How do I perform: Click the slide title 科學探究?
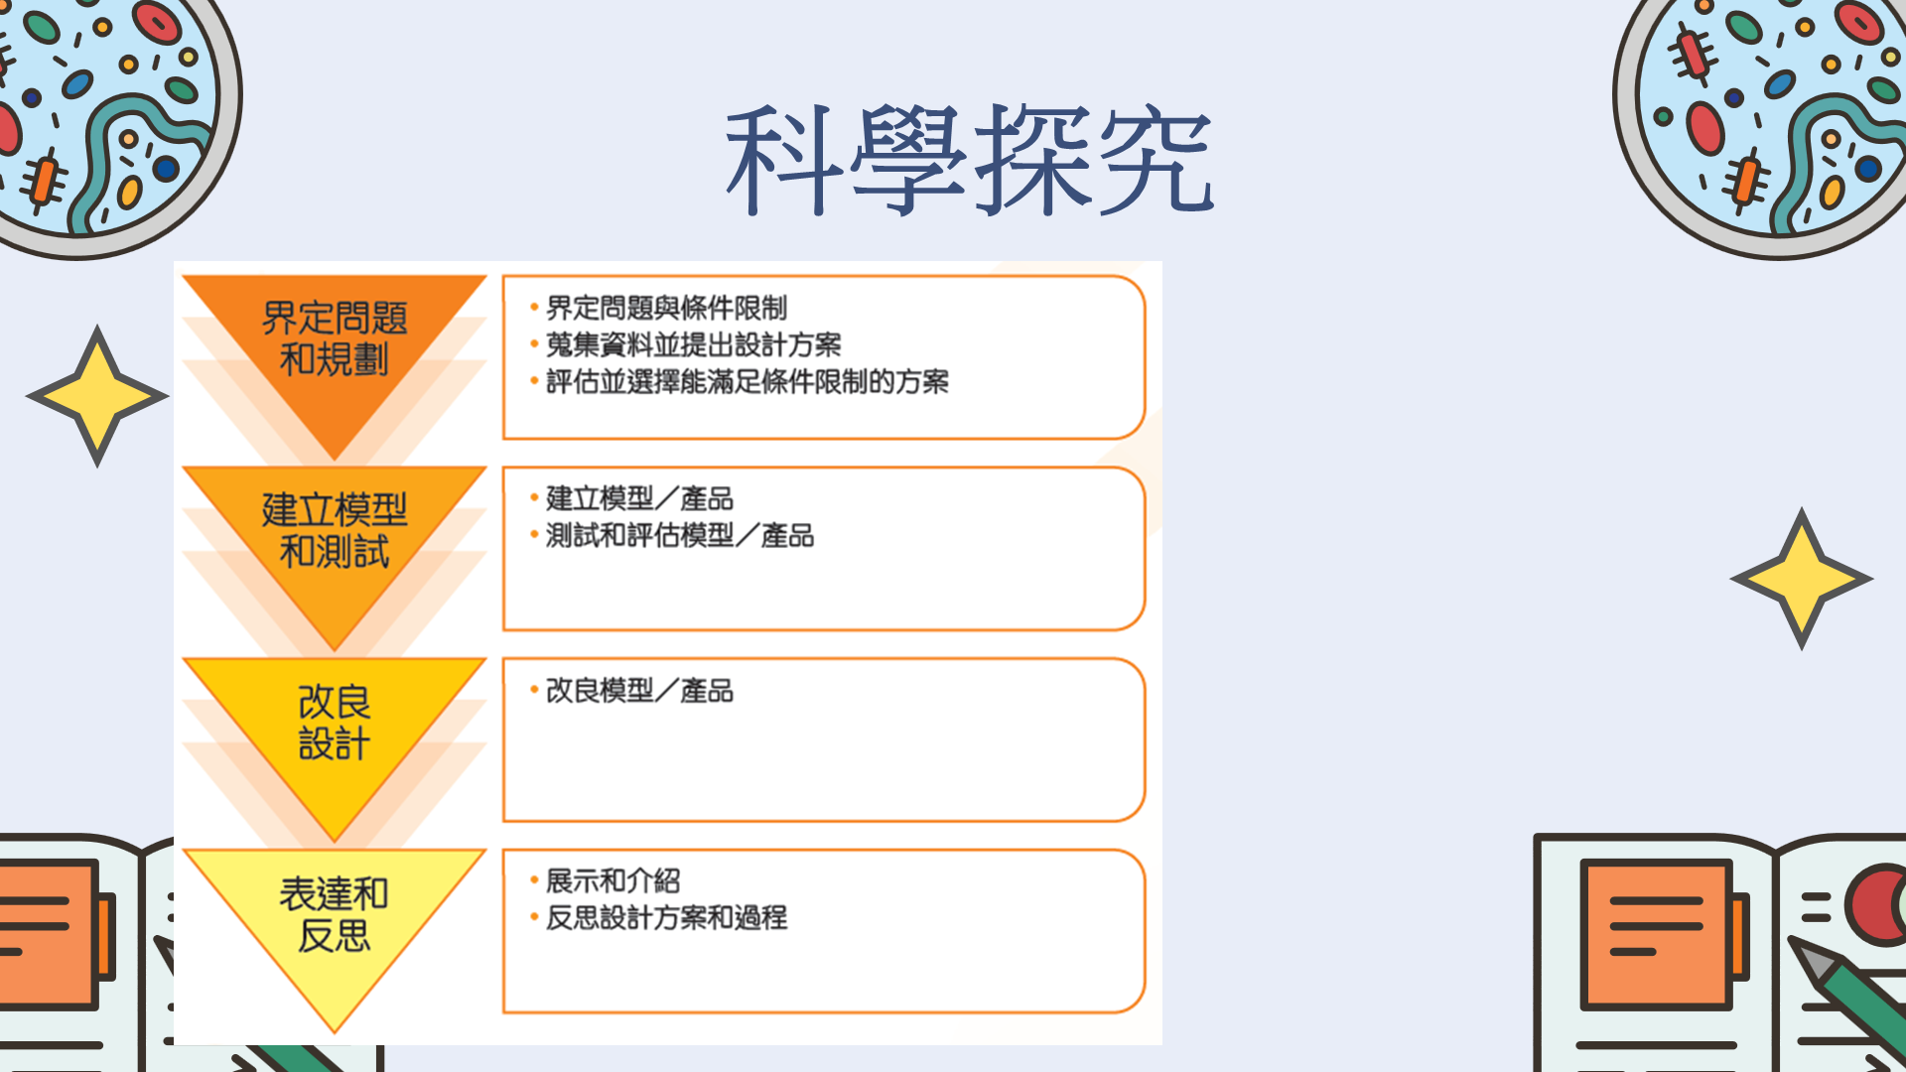tap(969, 160)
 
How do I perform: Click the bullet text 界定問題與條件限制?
tap(666, 308)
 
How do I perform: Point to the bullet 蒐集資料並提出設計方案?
tap(693, 344)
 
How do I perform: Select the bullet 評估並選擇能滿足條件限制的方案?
tap(747, 381)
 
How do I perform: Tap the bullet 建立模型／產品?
tap(639, 498)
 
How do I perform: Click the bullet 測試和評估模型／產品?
tap(679, 536)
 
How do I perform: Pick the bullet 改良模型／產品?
tap(639, 690)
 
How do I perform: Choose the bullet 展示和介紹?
tap(613, 880)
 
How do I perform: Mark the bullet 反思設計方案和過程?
tap(666, 917)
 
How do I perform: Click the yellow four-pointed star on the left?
tap(97, 396)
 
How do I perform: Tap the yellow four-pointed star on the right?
tap(1802, 579)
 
